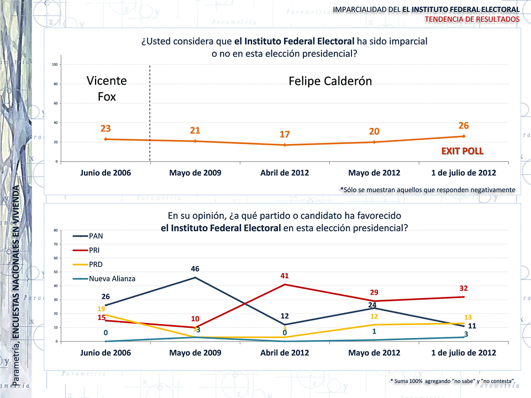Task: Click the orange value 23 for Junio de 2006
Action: [106, 129]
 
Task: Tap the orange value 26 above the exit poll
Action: [463, 126]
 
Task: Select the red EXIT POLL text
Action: [462, 151]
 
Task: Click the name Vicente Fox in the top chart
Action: [107, 88]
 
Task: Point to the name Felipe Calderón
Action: [330, 81]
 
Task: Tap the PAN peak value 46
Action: [195, 269]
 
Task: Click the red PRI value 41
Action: [285, 275]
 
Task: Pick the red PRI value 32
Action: [463, 288]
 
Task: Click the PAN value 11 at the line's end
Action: [472, 326]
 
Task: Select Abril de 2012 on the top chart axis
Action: [285, 173]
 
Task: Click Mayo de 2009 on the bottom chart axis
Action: [195, 353]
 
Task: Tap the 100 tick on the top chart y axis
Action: [55, 65]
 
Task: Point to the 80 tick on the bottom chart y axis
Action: [56, 230]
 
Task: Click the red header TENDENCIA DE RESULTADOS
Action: [472, 19]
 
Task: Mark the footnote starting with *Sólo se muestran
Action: [427, 189]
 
